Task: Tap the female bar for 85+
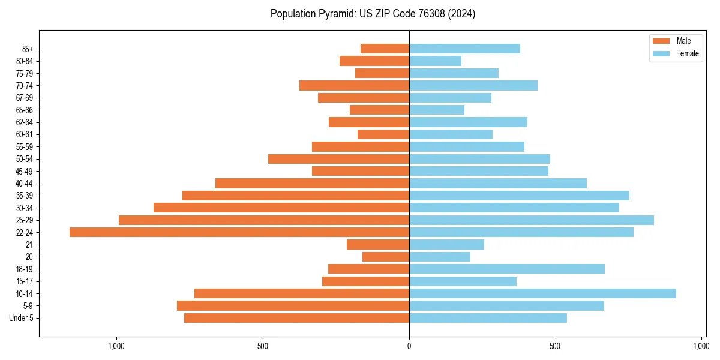tap(464, 49)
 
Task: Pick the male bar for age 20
tap(386, 257)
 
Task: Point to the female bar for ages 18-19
tap(507, 269)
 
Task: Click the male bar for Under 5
tap(296, 318)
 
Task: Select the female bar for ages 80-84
tap(435, 61)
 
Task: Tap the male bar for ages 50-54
tap(338, 159)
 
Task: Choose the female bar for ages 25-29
tap(532, 220)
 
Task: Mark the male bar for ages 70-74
tap(354, 85)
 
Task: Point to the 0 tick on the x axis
tap(409, 346)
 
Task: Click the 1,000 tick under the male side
tap(116, 346)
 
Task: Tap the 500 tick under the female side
tap(555, 346)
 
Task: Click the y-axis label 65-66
tap(25, 110)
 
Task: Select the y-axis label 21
tap(29, 245)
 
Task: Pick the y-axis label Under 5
tap(22, 318)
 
